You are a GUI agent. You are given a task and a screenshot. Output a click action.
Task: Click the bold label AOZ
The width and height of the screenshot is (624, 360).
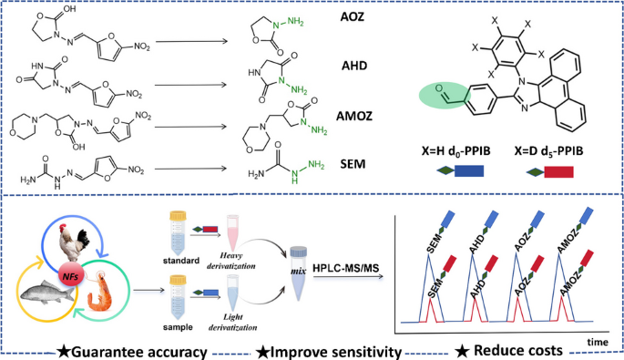point(353,16)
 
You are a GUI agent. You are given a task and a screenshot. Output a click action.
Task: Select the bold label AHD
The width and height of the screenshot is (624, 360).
point(354,66)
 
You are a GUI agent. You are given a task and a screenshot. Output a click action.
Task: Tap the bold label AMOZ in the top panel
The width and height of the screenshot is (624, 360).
point(354,116)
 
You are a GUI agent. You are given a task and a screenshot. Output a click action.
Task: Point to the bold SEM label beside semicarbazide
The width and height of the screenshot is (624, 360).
point(353,164)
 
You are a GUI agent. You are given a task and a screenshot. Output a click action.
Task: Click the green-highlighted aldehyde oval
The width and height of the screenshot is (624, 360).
point(445,95)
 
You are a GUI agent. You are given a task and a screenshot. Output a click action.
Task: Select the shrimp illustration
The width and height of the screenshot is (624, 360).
point(97,292)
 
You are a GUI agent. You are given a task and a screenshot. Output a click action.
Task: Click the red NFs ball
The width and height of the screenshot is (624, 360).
point(70,275)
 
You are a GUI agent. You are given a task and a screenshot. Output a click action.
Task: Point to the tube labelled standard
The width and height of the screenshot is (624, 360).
point(178,233)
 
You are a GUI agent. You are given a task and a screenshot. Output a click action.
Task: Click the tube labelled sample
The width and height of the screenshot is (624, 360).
point(178,297)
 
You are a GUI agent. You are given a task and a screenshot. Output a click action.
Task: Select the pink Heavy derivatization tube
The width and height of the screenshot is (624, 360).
point(232,232)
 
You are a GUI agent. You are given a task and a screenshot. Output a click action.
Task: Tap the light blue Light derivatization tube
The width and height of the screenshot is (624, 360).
point(232,293)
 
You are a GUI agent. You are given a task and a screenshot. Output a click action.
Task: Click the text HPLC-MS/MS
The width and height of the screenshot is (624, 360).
point(345,267)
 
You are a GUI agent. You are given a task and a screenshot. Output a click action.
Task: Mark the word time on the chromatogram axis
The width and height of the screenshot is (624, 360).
point(598,342)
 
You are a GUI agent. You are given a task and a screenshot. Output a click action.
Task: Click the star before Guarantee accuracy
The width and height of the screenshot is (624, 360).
point(63,352)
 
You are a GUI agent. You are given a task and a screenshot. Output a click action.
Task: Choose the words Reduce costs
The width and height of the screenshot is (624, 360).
point(518,351)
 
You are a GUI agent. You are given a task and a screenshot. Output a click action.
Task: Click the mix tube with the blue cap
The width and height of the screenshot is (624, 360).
point(299,273)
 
